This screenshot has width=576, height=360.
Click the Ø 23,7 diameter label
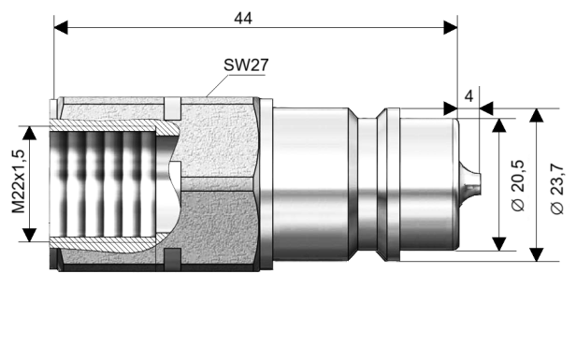coord(557,184)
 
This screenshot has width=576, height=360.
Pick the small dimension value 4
coord(468,94)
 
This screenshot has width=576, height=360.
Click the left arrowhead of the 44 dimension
coord(62,28)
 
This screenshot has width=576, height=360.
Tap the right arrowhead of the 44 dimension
coord(450,28)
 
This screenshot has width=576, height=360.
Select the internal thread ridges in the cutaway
coord(103,183)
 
